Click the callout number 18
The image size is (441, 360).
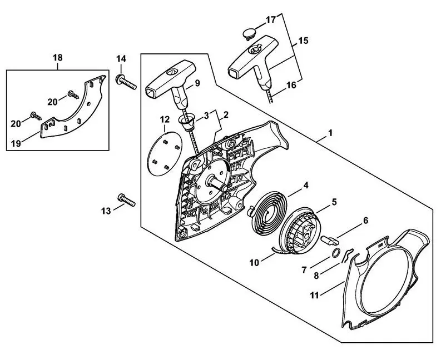[x=58, y=57]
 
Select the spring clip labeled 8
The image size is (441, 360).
[x=348, y=256]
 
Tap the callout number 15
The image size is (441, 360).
[x=303, y=41]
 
